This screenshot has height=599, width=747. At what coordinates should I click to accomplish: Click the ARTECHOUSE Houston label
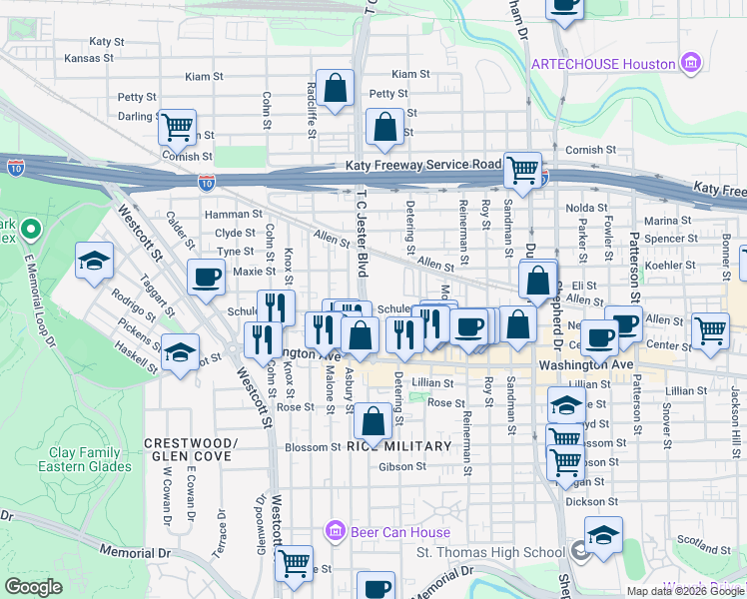[603, 63]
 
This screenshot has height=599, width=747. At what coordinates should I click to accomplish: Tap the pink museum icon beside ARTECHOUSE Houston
[689, 63]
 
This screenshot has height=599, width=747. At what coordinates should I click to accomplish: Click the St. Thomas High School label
[490, 552]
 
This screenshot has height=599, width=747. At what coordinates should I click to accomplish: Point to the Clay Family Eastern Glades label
[84, 459]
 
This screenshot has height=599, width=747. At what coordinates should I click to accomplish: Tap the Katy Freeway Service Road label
[423, 165]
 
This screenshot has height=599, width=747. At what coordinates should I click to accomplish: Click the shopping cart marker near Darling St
[176, 127]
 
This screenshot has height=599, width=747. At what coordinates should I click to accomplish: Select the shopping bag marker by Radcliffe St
[335, 87]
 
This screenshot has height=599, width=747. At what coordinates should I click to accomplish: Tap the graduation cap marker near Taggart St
[94, 262]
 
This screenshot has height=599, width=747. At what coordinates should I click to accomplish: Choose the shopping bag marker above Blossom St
[373, 421]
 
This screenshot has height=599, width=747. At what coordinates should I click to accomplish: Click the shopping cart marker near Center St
[710, 329]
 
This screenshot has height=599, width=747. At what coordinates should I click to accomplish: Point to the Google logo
[33, 587]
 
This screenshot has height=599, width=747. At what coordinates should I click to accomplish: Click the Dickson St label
[585, 502]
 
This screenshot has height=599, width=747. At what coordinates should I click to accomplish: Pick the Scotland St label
[699, 543]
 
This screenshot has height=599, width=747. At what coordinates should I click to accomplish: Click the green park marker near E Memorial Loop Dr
[30, 231]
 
